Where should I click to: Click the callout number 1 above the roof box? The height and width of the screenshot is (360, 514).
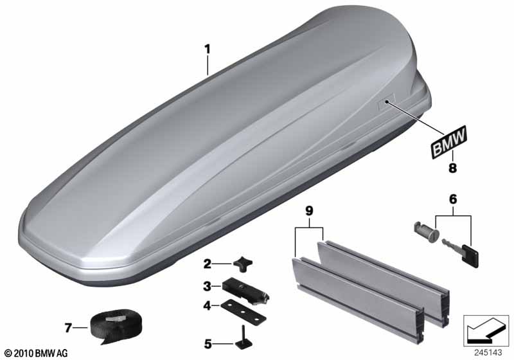coord(207,50)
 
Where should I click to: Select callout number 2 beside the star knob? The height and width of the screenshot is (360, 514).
coord(207,264)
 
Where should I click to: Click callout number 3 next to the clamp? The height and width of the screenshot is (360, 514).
coord(207,286)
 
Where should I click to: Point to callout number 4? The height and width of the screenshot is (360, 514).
coord(207,306)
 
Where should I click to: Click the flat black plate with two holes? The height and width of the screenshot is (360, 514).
coord(244,311)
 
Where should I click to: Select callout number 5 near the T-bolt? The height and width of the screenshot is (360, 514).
coord(208,345)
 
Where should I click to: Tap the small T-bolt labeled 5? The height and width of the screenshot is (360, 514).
coord(244,341)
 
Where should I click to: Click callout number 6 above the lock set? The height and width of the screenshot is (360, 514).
coord(453,199)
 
